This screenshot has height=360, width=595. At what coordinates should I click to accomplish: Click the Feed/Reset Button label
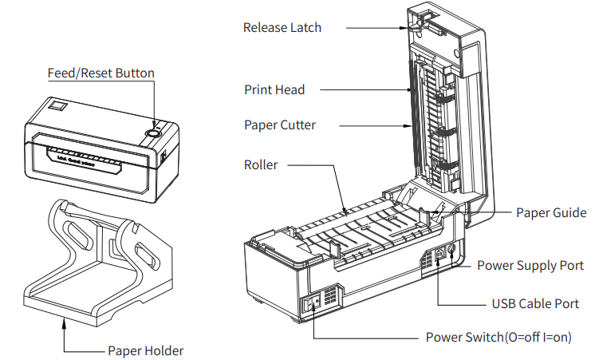(100, 73)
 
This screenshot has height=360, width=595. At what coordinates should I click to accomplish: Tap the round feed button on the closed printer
(152, 133)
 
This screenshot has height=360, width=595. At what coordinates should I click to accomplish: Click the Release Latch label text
(282, 27)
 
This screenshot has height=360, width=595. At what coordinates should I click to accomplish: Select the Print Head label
(274, 90)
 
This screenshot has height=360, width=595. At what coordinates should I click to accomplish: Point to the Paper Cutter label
(280, 125)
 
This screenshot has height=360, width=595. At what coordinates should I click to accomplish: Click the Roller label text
(261, 165)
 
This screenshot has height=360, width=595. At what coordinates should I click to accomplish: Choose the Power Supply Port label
(530, 265)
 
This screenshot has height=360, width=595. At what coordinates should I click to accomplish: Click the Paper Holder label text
(145, 351)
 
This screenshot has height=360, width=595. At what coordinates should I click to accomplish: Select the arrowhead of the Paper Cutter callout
(409, 125)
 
